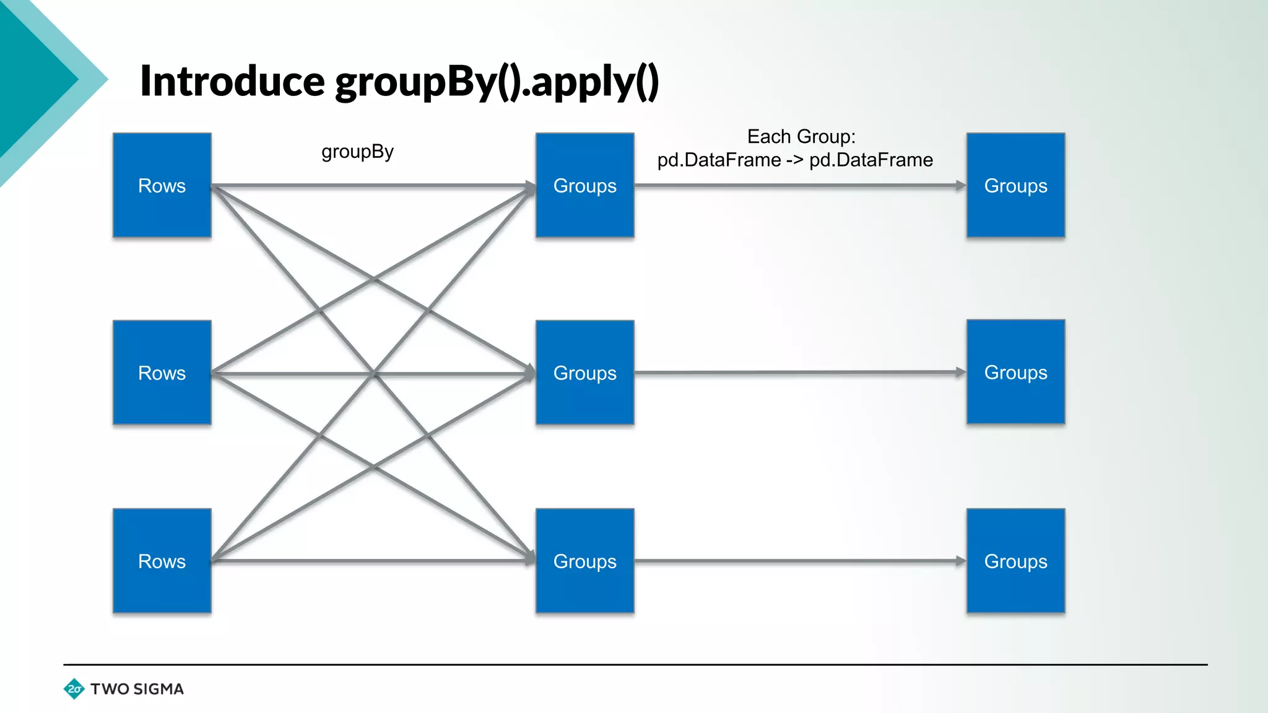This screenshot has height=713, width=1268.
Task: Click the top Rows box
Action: click(162, 185)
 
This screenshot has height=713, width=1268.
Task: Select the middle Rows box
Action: click(162, 373)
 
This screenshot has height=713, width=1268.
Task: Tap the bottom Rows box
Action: click(162, 561)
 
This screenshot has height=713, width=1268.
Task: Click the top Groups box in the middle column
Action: click(584, 185)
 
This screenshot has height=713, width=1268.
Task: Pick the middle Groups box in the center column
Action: click(584, 373)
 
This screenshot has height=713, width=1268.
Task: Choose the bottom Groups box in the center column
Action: click(584, 561)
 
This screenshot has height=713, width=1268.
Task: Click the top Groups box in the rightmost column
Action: click(1015, 185)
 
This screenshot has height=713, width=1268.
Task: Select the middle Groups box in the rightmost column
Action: click(1015, 372)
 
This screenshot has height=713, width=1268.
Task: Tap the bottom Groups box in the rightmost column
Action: click(1015, 561)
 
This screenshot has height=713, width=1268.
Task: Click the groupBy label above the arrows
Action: click(357, 152)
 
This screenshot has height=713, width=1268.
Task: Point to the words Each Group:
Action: click(801, 136)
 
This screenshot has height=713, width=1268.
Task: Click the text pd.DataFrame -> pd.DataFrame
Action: click(795, 160)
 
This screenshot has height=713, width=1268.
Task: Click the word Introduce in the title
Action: click(232, 81)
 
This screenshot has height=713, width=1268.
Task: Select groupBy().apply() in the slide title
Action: click(497, 82)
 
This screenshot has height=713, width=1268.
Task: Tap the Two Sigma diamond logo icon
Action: click(74, 689)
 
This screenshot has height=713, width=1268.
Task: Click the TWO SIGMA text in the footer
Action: click(137, 689)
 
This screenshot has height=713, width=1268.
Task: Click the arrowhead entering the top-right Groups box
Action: click(960, 185)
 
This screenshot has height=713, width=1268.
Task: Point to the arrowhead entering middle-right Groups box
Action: click(960, 372)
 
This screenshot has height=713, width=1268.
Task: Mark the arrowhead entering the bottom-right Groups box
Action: click(960, 561)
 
